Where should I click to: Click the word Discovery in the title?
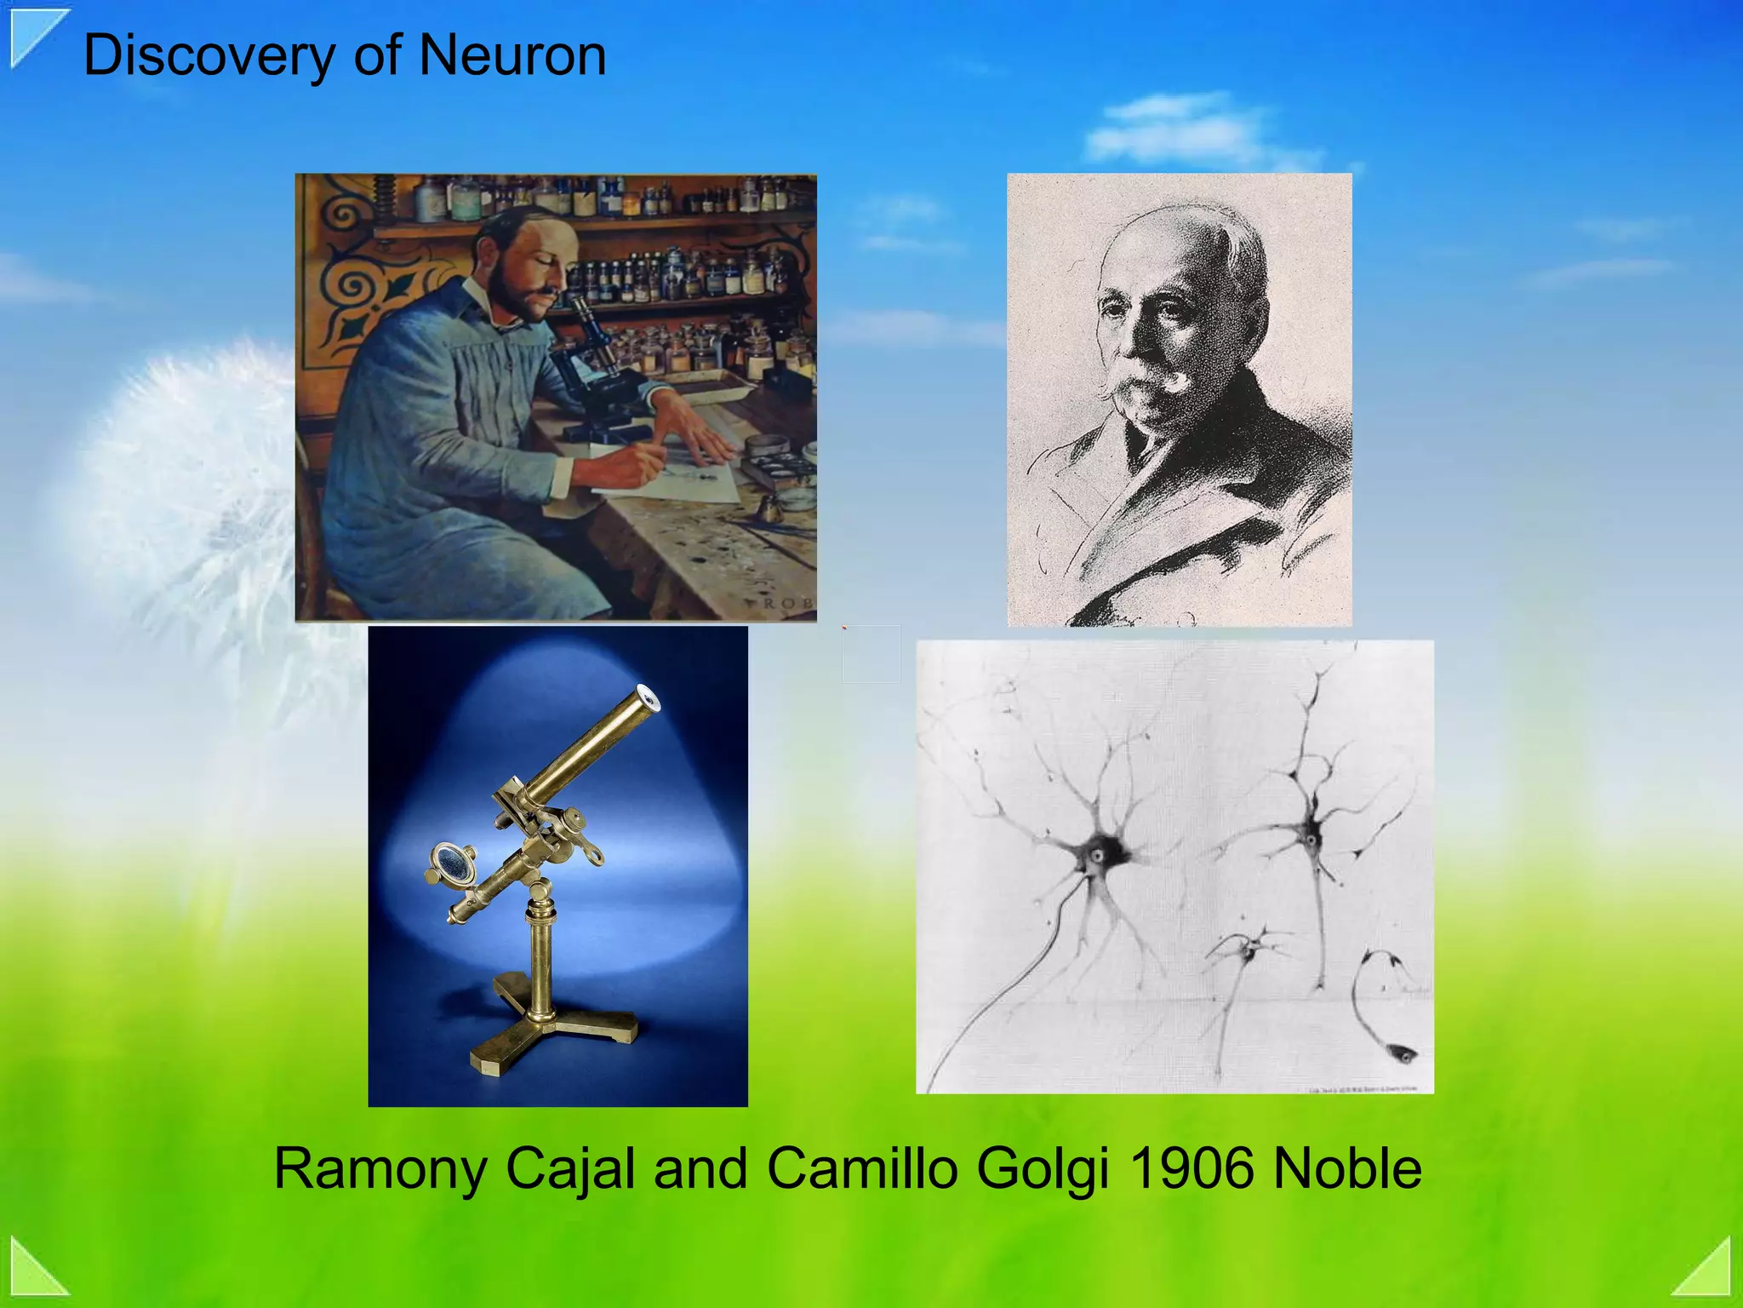(209, 56)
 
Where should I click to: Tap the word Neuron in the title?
(512, 56)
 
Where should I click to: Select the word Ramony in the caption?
(380, 1168)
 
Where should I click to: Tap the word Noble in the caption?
(1346, 1168)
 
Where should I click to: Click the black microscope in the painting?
(591, 366)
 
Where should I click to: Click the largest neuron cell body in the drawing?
(1096, 854)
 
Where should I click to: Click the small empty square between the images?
(871, 654)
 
